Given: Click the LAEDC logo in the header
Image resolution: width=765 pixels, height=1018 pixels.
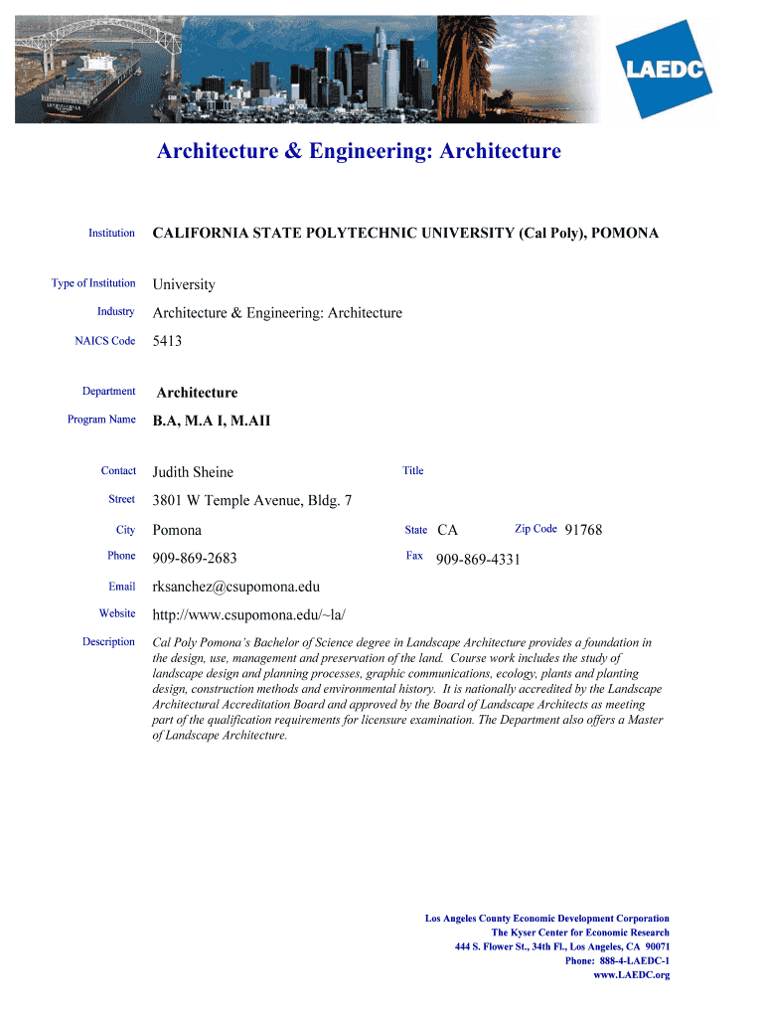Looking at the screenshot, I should (x=665, y=69).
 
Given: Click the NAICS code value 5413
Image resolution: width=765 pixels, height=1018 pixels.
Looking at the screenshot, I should (x=167, y=341).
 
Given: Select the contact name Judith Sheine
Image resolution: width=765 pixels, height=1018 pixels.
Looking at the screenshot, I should (x=193, y=472).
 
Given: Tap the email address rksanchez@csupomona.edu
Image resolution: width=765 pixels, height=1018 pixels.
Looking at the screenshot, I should (x=235, y=587).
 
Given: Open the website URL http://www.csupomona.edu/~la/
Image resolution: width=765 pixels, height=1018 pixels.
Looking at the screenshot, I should (x=248, y=614).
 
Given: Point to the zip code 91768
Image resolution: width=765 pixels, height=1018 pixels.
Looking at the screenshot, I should (x=583, y=530).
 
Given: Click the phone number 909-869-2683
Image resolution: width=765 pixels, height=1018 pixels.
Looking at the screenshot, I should (x=194, y=558).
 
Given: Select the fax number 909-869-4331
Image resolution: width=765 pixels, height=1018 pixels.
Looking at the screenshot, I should (x=478, y=559).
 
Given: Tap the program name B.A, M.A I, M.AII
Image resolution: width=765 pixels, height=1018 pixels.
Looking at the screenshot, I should (x=211, y=421).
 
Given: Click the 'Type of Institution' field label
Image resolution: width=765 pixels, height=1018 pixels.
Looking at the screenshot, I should (x=93, y=283).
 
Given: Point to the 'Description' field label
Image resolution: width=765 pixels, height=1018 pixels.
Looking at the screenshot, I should (x=108, y=642).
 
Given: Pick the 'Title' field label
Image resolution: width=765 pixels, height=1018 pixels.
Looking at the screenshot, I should (x=413, y=471).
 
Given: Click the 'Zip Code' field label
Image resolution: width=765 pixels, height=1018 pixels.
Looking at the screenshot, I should (x=535, y=529).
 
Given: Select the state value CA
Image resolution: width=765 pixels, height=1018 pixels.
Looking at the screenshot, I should (x=447, y=530).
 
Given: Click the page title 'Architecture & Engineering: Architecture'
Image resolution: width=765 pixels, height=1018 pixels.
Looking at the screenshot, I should (x=359, y=151).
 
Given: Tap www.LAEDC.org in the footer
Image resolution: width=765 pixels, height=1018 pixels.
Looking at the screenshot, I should (x=631, y=975).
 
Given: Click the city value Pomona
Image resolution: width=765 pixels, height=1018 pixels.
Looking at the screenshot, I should (x=177, y=530).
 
